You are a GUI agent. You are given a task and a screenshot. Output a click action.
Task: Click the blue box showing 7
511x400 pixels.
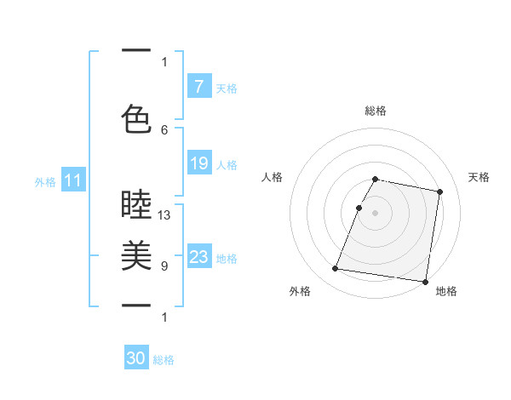click(x=198, y=87)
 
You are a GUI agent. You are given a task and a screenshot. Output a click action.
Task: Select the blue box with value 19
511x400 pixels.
click(x=198, y=163)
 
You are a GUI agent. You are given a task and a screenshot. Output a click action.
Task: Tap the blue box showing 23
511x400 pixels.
click(x=198, y=257)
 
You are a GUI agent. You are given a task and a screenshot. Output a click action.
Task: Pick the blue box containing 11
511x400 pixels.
click(x=72, y=180)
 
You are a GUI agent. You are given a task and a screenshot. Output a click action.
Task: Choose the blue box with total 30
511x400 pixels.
click(x=136, y=358)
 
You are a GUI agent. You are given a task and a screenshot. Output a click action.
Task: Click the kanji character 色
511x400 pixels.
click(x=136, y=118)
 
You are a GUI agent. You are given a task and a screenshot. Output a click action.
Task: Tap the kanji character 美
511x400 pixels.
click(x=136, y=255)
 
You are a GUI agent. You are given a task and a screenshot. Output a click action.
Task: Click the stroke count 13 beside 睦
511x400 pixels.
click(x=164, y=215)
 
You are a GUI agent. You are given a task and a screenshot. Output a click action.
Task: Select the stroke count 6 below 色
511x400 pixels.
click(x=164, y=129)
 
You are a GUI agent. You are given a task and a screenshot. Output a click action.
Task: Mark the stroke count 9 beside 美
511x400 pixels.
click(x=164, y=266)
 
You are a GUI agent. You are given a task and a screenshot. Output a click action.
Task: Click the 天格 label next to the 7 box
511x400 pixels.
click(x=227, y=88)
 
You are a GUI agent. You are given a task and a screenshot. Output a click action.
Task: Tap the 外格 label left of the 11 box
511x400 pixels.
click(x=45, y=181)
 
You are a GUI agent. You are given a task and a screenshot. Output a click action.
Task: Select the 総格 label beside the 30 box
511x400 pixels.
click(x=164, y=360)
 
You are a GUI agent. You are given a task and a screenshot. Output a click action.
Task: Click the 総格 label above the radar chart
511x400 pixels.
click(x=376, y=111)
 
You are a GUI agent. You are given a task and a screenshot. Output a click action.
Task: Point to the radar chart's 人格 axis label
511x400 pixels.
click(x=273, y=177)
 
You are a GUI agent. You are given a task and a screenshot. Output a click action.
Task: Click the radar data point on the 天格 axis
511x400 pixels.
click(x=439, y=191)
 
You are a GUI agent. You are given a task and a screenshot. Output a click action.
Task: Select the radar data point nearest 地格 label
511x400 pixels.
click(x=424, y=281)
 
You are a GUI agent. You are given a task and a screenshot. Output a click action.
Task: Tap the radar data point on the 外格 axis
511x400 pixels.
click(x=336, y=269)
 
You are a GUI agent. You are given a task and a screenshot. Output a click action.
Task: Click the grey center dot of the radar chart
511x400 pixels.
click(x=376, y=213)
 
